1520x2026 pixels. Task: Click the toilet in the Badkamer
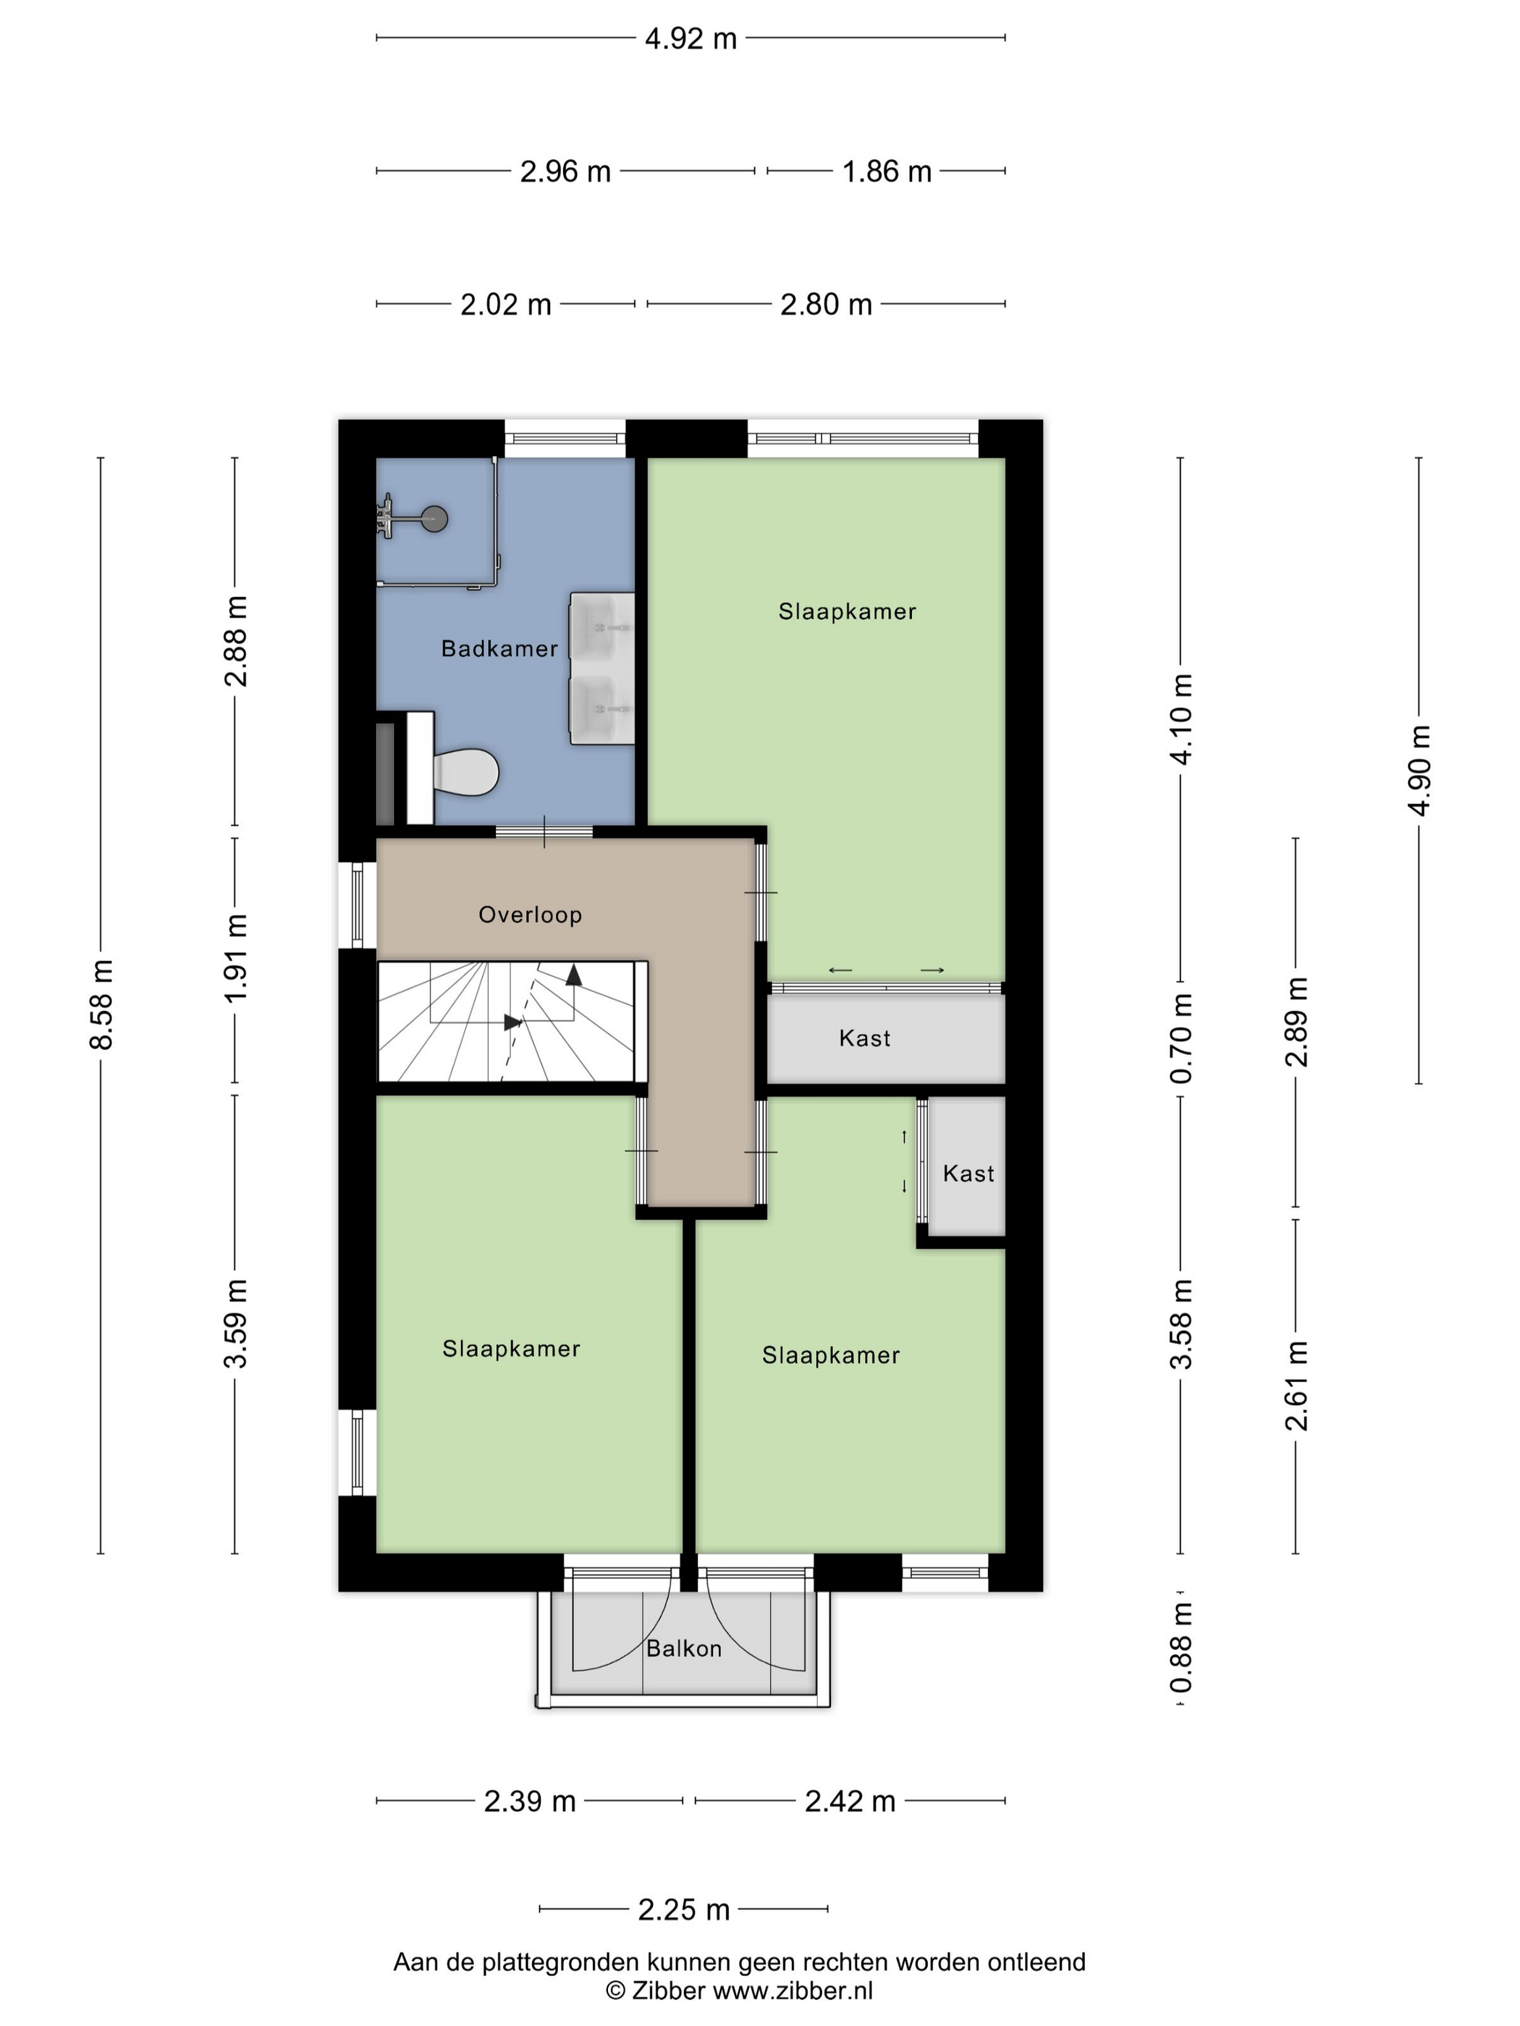pos(465,771)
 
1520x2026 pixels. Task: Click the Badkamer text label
pos(499,648)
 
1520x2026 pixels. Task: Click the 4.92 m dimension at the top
pos(691,38)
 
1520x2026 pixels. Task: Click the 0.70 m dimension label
pos(1182,1038)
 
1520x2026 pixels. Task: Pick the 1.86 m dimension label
pos(887,171)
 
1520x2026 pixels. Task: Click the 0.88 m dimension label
pos(1182,1648)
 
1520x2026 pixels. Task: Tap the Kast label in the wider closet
pos(865,1038)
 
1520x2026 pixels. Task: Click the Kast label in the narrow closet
pos(968,1174)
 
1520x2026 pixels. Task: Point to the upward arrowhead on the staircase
pos(573,975)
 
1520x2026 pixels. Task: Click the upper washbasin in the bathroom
pos(602,627)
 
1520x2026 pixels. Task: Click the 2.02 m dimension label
pos(506,304)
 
